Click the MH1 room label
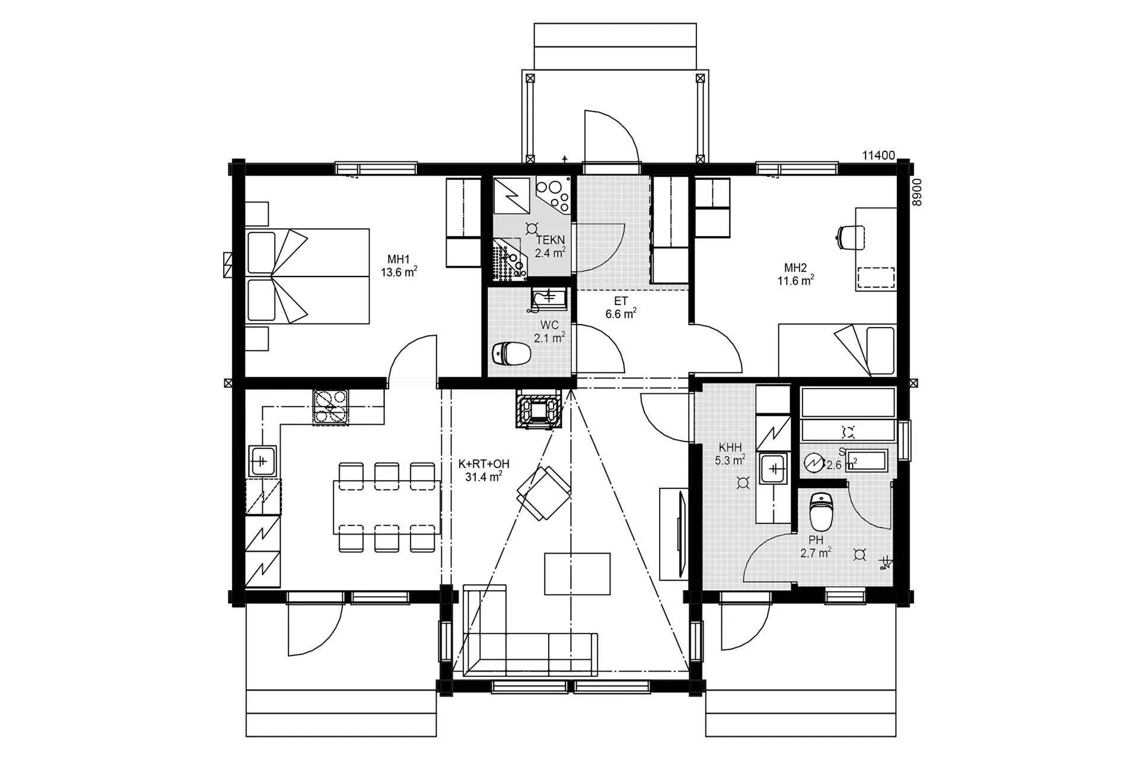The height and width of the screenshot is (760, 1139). [x=399, y=259]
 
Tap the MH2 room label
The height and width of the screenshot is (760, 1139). [x=796, y=267]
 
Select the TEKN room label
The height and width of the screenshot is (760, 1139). [x=550, y=240]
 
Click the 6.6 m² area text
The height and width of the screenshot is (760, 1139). [x=621, y=314]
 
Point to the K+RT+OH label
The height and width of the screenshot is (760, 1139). [x=484, y=464]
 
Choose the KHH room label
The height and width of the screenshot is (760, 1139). [x=730, y=447]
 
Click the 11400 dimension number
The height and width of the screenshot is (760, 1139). [x=878, y=155]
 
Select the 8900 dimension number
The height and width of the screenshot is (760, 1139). [x=917, y=192]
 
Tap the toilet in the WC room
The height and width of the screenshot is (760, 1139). [x=511, y=354]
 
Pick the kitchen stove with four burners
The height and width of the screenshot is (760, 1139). [x=331, y=407]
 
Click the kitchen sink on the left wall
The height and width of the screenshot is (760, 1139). [x=262, y=461]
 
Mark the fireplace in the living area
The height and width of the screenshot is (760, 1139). [x=538, y=408]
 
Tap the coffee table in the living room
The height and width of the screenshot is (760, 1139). [x=577, y=573]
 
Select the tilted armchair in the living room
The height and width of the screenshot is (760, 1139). [x=544, y=493]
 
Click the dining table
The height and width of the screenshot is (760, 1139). [x=387, y=508]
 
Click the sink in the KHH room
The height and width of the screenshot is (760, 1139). [x=774, y=469]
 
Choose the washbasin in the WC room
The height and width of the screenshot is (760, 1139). [x=549, y=298]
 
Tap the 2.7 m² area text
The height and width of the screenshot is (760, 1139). [x=816, y=554]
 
